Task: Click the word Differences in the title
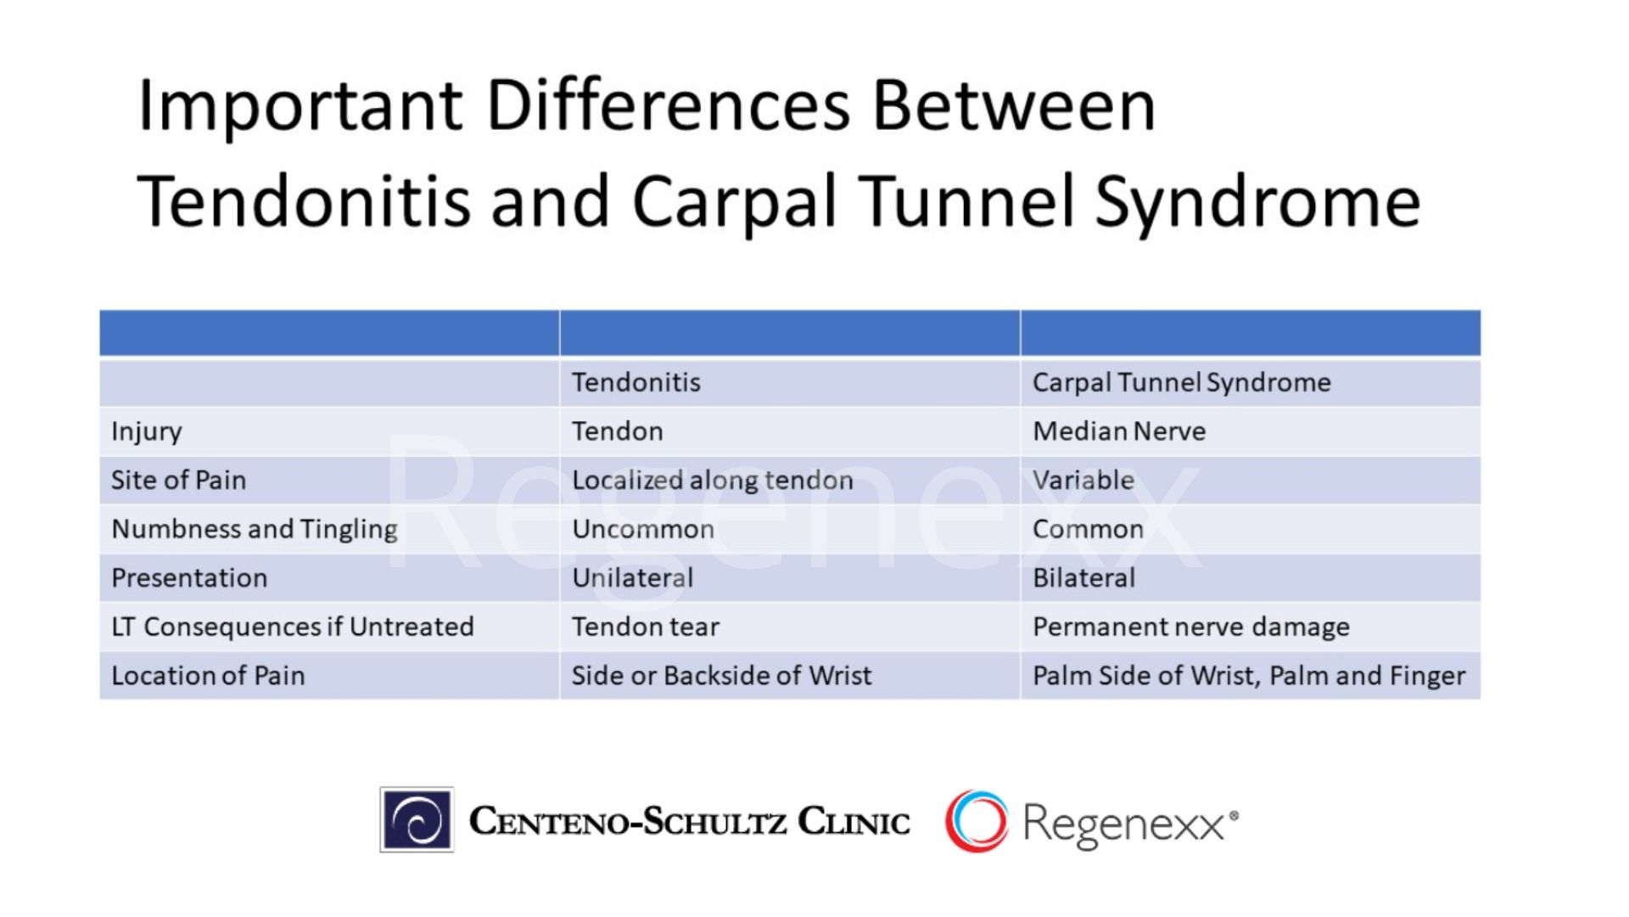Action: click(668, 106)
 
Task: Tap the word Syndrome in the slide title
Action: click(1257, 202)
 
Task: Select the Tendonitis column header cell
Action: click(636, 383)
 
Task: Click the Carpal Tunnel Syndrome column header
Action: click(1181, 383)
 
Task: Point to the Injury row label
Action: click(147, 431)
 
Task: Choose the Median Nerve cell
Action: click(1118, 431)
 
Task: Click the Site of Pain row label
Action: click(178, 481)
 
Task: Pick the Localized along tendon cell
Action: click(712, 481)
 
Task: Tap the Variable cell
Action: click(1083, 481)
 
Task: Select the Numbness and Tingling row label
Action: click(255, 529)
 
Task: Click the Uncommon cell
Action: click(642, 529)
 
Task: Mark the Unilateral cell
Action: click(632, 578)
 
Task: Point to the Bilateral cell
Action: click(1083, 578)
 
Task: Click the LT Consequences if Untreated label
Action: click(292, 627)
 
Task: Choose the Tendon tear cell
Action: click(645, 627)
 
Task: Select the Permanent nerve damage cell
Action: click(1190, 627)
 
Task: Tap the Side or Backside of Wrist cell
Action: click(721, 676)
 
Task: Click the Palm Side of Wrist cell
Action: click(1248, 676)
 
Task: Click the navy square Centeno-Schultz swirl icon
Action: click(417, 820)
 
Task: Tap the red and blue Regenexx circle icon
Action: click(977, 821)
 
